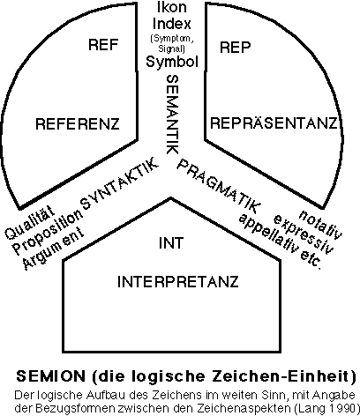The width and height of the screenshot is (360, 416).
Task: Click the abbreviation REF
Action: [x=103, y=45]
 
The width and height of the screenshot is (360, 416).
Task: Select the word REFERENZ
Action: [x=78, y=124]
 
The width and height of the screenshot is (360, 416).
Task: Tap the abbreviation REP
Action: [x=236, y=47]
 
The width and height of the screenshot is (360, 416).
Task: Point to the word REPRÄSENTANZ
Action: [x=274, y=123]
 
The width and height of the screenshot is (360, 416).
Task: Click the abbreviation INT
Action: [x=171, y=243]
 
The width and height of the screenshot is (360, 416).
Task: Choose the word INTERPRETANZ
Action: [x=178, y=282]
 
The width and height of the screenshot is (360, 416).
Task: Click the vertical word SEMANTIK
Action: [x=172, y=115]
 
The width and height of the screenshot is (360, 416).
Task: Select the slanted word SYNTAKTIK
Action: [x=120, y=183]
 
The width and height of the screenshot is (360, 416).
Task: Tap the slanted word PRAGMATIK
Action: [x=219, y=187]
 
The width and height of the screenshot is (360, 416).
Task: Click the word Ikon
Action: [x=172, y=7]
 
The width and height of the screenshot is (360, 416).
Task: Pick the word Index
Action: [x=172, y=24]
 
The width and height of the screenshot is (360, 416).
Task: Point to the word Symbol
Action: [x=172, y=62]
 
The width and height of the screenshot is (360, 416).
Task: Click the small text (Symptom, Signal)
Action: [x=172, y=43]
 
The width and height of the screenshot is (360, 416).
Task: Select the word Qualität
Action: [x=30, y=221]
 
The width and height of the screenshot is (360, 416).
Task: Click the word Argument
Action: [x=53, y=250]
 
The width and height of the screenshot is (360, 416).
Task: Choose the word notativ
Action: [x=320, y=224]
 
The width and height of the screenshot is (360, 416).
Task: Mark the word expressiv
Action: [x=304, y=234]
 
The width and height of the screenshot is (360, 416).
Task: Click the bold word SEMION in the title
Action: [x=51, y=376]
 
